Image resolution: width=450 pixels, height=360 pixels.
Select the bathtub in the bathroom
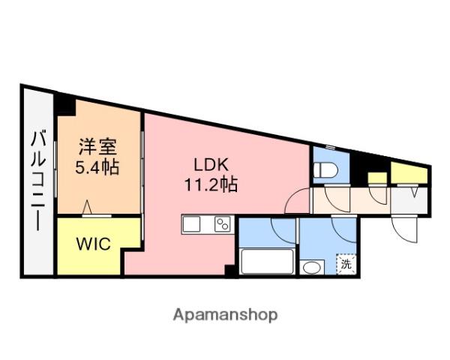coord(268,262)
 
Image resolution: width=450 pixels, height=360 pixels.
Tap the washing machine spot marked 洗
coord(346,263)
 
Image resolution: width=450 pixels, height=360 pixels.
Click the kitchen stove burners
coord(222,223)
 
